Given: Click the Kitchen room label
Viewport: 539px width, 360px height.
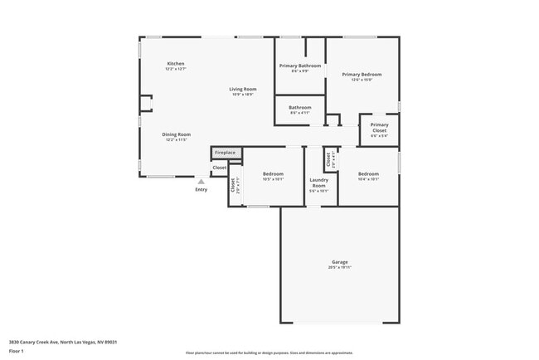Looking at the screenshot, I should click(x=175, y=64).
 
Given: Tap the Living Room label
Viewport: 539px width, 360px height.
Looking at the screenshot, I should click(x=243, y=89).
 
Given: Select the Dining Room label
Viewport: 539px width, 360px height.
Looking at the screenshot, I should click(x=176, y=134).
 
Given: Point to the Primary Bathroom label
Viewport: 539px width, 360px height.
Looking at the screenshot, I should click(x=299, y=66).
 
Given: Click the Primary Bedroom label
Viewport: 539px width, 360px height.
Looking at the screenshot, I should click(x=362, y=75).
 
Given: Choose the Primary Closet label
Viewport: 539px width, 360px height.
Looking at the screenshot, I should click(x=379, y=128).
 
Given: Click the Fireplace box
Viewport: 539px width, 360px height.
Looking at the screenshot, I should click(x=225, y=153).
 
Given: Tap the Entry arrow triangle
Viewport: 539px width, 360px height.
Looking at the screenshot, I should click(x=201, y=181).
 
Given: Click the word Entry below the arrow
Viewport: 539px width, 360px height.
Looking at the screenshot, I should click(x=202, y=190).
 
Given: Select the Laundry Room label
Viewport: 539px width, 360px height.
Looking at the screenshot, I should click(x=319, y=182).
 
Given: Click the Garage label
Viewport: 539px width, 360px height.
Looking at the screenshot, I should click(x=340, y=261).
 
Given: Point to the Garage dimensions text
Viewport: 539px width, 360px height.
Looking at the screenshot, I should click(x=340, y=267).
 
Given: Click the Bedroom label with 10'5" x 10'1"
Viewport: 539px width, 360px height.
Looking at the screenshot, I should click(x=273, y=174).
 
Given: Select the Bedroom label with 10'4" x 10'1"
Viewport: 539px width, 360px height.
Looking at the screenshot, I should click(x=368, y=174).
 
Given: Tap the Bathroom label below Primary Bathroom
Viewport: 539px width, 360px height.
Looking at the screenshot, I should click(x=299, y=107).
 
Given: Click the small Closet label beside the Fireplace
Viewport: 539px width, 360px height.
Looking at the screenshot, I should click(x=219, y=168).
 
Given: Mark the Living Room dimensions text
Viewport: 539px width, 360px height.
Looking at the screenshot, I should click(x=243, y=94).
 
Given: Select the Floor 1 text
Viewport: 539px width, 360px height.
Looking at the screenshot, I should click(x=17, y=351).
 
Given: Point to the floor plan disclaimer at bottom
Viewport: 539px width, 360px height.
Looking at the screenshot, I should click(x=269, y=353).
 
